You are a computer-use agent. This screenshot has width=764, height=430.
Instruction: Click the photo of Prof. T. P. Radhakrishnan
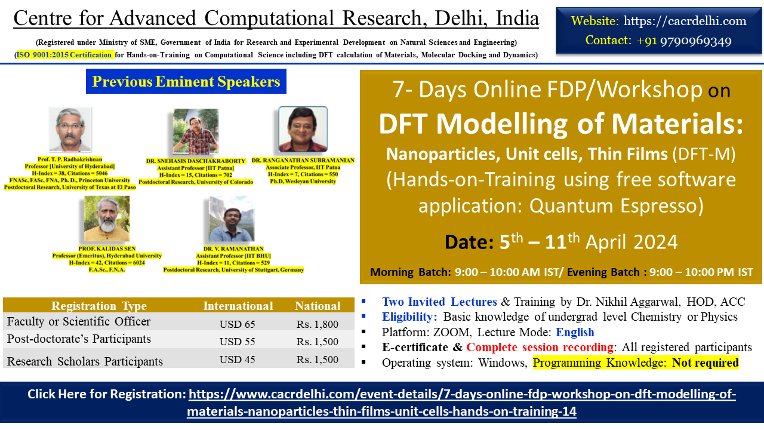click(70, 130)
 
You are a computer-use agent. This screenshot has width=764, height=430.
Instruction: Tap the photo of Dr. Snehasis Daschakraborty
click(195, 131)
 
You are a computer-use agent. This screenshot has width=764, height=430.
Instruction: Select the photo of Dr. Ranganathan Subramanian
click(303, 129)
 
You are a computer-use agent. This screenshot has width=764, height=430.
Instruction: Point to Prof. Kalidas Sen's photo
click(107, 219)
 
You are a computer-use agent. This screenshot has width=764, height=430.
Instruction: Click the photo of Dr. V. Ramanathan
click(232, 219)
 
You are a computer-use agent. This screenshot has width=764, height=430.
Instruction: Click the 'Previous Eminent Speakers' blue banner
click(186, 81)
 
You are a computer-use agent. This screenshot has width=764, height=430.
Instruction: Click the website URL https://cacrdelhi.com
click(685, 21)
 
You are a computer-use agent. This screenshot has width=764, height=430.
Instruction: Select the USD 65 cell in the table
click(237, 324)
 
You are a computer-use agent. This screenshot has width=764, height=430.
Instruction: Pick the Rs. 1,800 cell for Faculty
click(317, 324)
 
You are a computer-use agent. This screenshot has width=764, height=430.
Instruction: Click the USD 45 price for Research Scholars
click(237, 360)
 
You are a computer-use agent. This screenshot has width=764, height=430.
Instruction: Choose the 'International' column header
click(238, 306)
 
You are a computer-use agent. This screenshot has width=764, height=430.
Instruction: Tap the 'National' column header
click(318, 306)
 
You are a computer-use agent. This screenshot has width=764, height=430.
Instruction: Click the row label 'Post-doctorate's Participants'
click(79, 339)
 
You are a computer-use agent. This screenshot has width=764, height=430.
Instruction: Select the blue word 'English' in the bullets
click(575, 332)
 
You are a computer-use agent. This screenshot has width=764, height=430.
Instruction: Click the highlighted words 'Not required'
click(705, 363)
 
